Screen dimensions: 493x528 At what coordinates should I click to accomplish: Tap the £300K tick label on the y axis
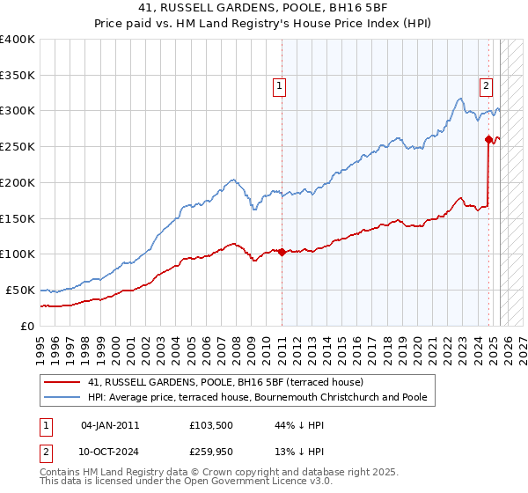click(x=18, y=111)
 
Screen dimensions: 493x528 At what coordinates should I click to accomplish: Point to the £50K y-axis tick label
click(x=20, y=290)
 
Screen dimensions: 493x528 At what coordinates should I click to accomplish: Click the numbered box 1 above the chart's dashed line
click(x=279, y=86)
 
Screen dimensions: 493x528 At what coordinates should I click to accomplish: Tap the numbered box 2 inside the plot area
click(x=486, y=86)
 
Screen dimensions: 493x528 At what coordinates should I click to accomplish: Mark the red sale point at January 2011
click(x=282, y=252)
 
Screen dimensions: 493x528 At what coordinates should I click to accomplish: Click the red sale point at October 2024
click(x=488, y=139)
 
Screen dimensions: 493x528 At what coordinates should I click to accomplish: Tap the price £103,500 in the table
click(x=209, y=425)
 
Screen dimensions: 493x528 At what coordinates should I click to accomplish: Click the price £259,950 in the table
click(x=209, y=452)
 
